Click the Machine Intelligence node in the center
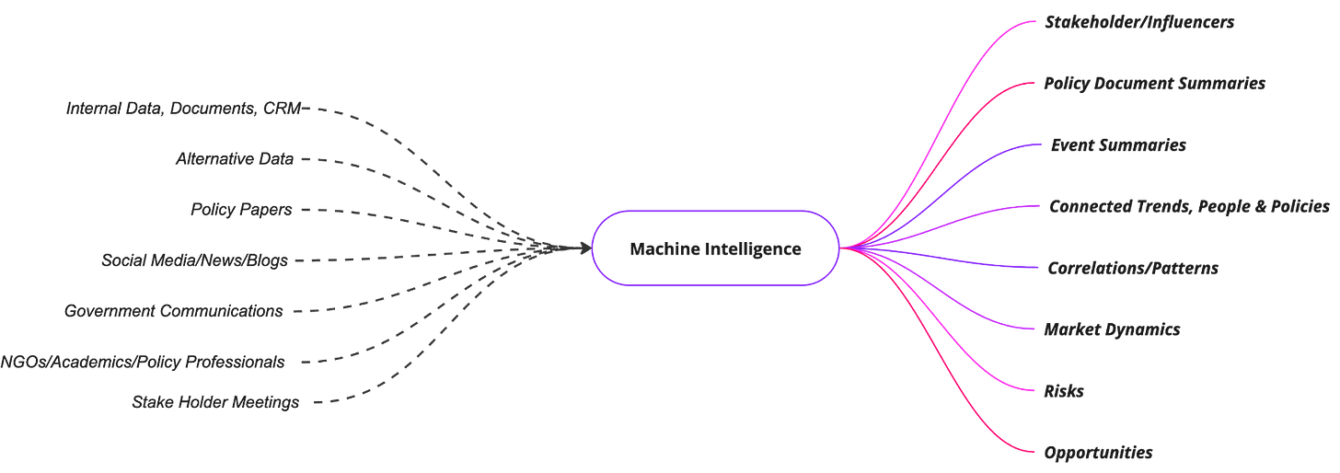pyautogui.click(x=715, y=248)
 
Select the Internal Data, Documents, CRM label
pyautogui.click(x=183, y=109)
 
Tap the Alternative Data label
pyautogui.click(x=235, y=159)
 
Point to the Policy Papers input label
pyautogui.click(x=241, y=210)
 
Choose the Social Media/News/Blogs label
pyautogui.click(x=194, y=260)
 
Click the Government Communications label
pyautogui.click(x=174, y=311)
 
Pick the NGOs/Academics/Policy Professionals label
pyautogui.click(x=143, y=362)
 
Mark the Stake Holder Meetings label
pyautogui.click(x=215, y=402)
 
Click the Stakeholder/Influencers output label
pyautogui.click(x=1138, y=22)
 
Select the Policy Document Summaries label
pyautogui.click(x=1154, y=84)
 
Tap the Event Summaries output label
pyautogui.click(x=1117, y=145)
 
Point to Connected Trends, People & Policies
pyautogui.click(x=1189, y=207)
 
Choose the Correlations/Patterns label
pyautogui.click(x=1132, y=269)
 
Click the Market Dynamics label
pyautogui.click(x=1112, y=329)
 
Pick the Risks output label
pyautogui.click(x=1063, y=391)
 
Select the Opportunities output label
pyautogui.click(x=1098, y=452)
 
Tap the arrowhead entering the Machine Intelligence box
pyautogui.click(x=582, y=247)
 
